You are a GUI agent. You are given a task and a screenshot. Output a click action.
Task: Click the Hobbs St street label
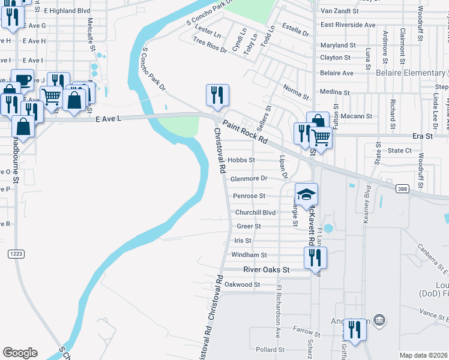coord(242,160)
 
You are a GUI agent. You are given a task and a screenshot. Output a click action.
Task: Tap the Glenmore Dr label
coord(248,178)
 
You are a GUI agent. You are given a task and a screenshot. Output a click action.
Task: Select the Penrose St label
coord(249,196)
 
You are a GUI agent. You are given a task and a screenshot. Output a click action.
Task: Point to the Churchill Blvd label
coord(255,212)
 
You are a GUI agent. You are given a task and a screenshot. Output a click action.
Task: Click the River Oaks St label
coord(266,270)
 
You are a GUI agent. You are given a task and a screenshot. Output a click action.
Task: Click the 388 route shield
coord(403,188)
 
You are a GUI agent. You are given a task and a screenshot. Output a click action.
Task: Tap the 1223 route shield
coord(16,254)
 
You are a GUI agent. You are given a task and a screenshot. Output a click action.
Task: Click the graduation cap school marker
coord(306,194)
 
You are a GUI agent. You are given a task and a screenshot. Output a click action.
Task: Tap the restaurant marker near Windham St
coord(315,258)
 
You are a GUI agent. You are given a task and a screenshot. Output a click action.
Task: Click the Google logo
coord(20,353)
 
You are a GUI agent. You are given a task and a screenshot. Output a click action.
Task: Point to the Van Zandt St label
coord(339,11)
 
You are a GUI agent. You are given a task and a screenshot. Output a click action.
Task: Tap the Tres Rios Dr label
coord(209,45)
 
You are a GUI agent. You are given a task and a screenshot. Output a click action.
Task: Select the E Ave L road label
coord(109,119)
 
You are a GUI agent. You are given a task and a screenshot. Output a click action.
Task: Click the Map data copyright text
coord(424,355)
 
